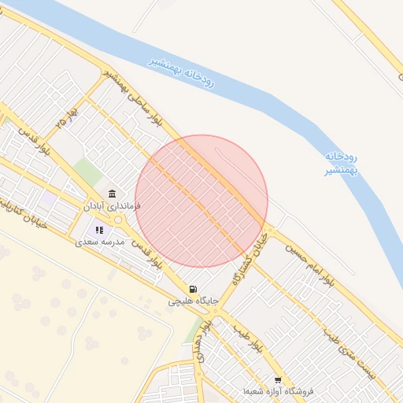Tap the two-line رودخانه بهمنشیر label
[x=341, y=163]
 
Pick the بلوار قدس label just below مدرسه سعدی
[x=147, y=253]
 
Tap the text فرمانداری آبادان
[x=112, y=205]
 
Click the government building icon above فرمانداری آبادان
[x=113, y=194]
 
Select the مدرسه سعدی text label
[x=100, y=242]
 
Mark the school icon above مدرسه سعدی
[x=100, y=230]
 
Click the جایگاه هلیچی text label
[x=190, y=301]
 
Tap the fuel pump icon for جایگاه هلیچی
[x=194, y=289]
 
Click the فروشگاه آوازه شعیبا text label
[x=279, y=391]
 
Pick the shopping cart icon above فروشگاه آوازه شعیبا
[x=278, y=379]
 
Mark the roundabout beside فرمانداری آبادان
[x=118, y=220]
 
